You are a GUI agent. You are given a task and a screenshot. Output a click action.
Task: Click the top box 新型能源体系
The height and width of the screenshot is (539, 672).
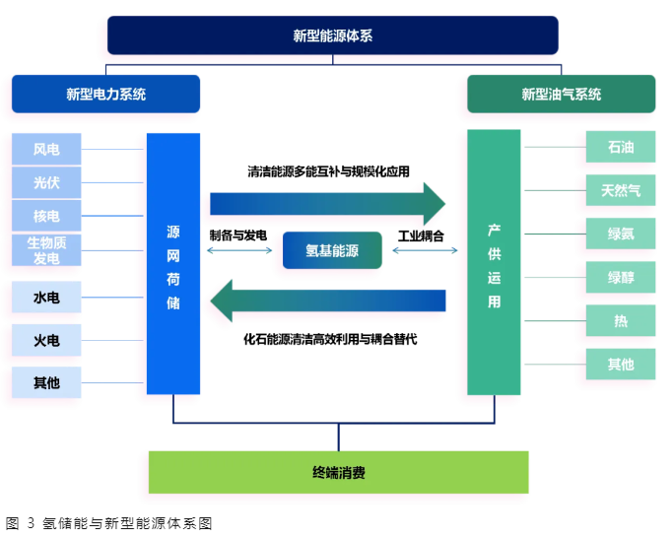coord(332,35)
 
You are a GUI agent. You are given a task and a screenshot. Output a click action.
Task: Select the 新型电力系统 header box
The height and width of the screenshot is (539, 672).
coord(105,95)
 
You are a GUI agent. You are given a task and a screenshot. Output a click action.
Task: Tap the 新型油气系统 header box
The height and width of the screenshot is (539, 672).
coord(561,95)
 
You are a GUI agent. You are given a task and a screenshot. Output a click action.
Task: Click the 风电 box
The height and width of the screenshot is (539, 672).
coord(46,150)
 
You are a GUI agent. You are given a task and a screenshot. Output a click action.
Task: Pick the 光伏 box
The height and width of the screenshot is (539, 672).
coord(46,183)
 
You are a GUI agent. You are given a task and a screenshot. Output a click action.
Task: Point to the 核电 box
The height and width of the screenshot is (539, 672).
coord(46,216)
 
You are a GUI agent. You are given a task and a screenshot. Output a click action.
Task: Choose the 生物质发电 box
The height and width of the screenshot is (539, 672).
coord(46,250)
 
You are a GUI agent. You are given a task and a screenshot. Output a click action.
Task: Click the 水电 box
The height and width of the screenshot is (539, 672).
coord(46,297)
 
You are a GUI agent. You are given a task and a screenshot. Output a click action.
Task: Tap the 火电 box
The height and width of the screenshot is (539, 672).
coord(46,340)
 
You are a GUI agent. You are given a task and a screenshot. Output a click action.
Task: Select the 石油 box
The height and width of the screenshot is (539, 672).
coord(621,148)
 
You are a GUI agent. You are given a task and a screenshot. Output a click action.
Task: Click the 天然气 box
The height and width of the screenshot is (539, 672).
coord(621,190)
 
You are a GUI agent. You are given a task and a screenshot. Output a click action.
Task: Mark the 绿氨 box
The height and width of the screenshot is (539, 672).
coord(621,234)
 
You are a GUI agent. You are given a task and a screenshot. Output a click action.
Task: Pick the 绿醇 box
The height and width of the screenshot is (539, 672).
coord(621,277)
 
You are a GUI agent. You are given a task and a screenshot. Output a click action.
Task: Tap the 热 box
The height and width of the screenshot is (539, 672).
coord(621,321)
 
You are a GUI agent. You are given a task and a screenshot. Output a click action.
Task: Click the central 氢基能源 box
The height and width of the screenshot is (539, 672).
coord(332,251)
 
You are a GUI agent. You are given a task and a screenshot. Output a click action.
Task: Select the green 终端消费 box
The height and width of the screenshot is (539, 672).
coord(338,472)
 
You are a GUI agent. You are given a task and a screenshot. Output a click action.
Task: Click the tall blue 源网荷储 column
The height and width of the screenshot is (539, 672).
coord(173,264)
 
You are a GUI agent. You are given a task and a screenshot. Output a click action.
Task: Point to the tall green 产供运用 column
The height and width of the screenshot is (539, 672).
coord(494,264)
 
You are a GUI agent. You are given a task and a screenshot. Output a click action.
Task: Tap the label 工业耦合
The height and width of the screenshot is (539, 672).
coord(421,236)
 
